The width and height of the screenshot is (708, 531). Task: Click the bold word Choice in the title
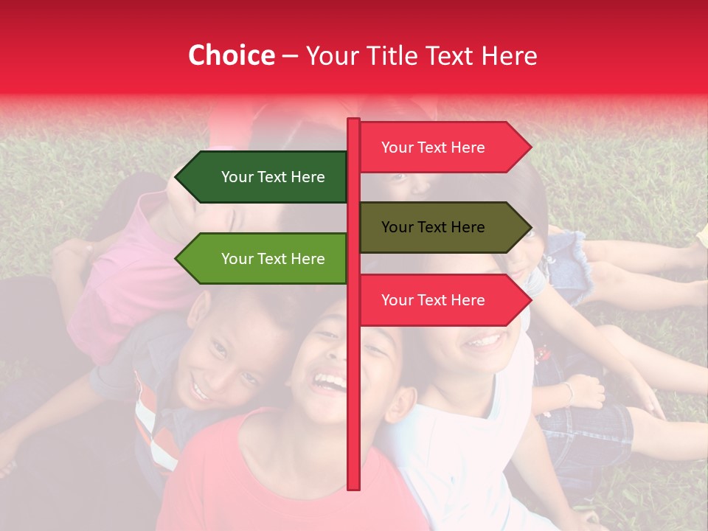click(x=231, y=55)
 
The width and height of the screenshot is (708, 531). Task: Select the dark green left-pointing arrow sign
click(x=265, y=177)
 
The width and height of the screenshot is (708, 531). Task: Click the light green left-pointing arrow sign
click(x=265, y=259)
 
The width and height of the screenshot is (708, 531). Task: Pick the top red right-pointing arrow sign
click(x=442, y=147)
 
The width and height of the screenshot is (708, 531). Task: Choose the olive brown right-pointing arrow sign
click(x=442, y=227)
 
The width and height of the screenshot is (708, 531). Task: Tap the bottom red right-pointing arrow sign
click(x=442, y=300)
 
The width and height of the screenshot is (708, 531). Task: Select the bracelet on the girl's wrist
click(x=569, y=392)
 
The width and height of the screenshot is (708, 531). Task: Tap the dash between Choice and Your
click(x=290, y=56)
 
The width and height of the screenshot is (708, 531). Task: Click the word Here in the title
click(x=508, y=55)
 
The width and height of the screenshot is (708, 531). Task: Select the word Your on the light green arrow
click(x=237, y=259)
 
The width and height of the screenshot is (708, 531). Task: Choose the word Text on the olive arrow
click(x=433, y=227)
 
